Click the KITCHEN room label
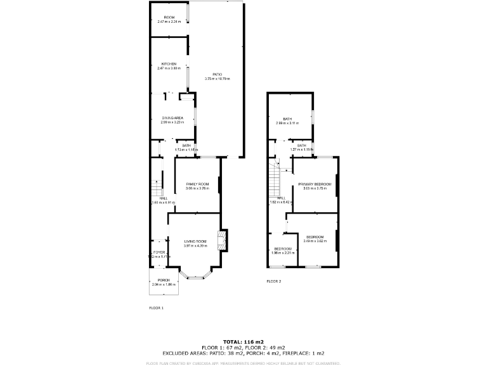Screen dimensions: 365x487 (x=169, y=64)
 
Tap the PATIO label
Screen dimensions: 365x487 (x=218, y=75)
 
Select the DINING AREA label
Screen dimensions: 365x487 (x=172, y=118)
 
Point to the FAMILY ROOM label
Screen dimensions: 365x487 (x=197, y=184)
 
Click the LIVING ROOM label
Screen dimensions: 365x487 (x=195, y=241)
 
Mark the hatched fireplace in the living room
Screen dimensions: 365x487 (x=222, y=239)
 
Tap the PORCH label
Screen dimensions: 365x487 (x=164, y=280)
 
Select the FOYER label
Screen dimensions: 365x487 (x=159, y=252)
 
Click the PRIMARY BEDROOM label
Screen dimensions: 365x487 (x=315, y=184)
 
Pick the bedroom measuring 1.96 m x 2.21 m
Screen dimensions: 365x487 (x=282, y=248)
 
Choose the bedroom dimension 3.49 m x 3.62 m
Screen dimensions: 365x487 (x=315, y=241)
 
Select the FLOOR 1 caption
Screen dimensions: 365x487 (x=156, y=307)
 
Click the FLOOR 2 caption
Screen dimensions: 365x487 (x=273, y=281)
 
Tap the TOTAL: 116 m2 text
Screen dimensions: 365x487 (x=243, y=342)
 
